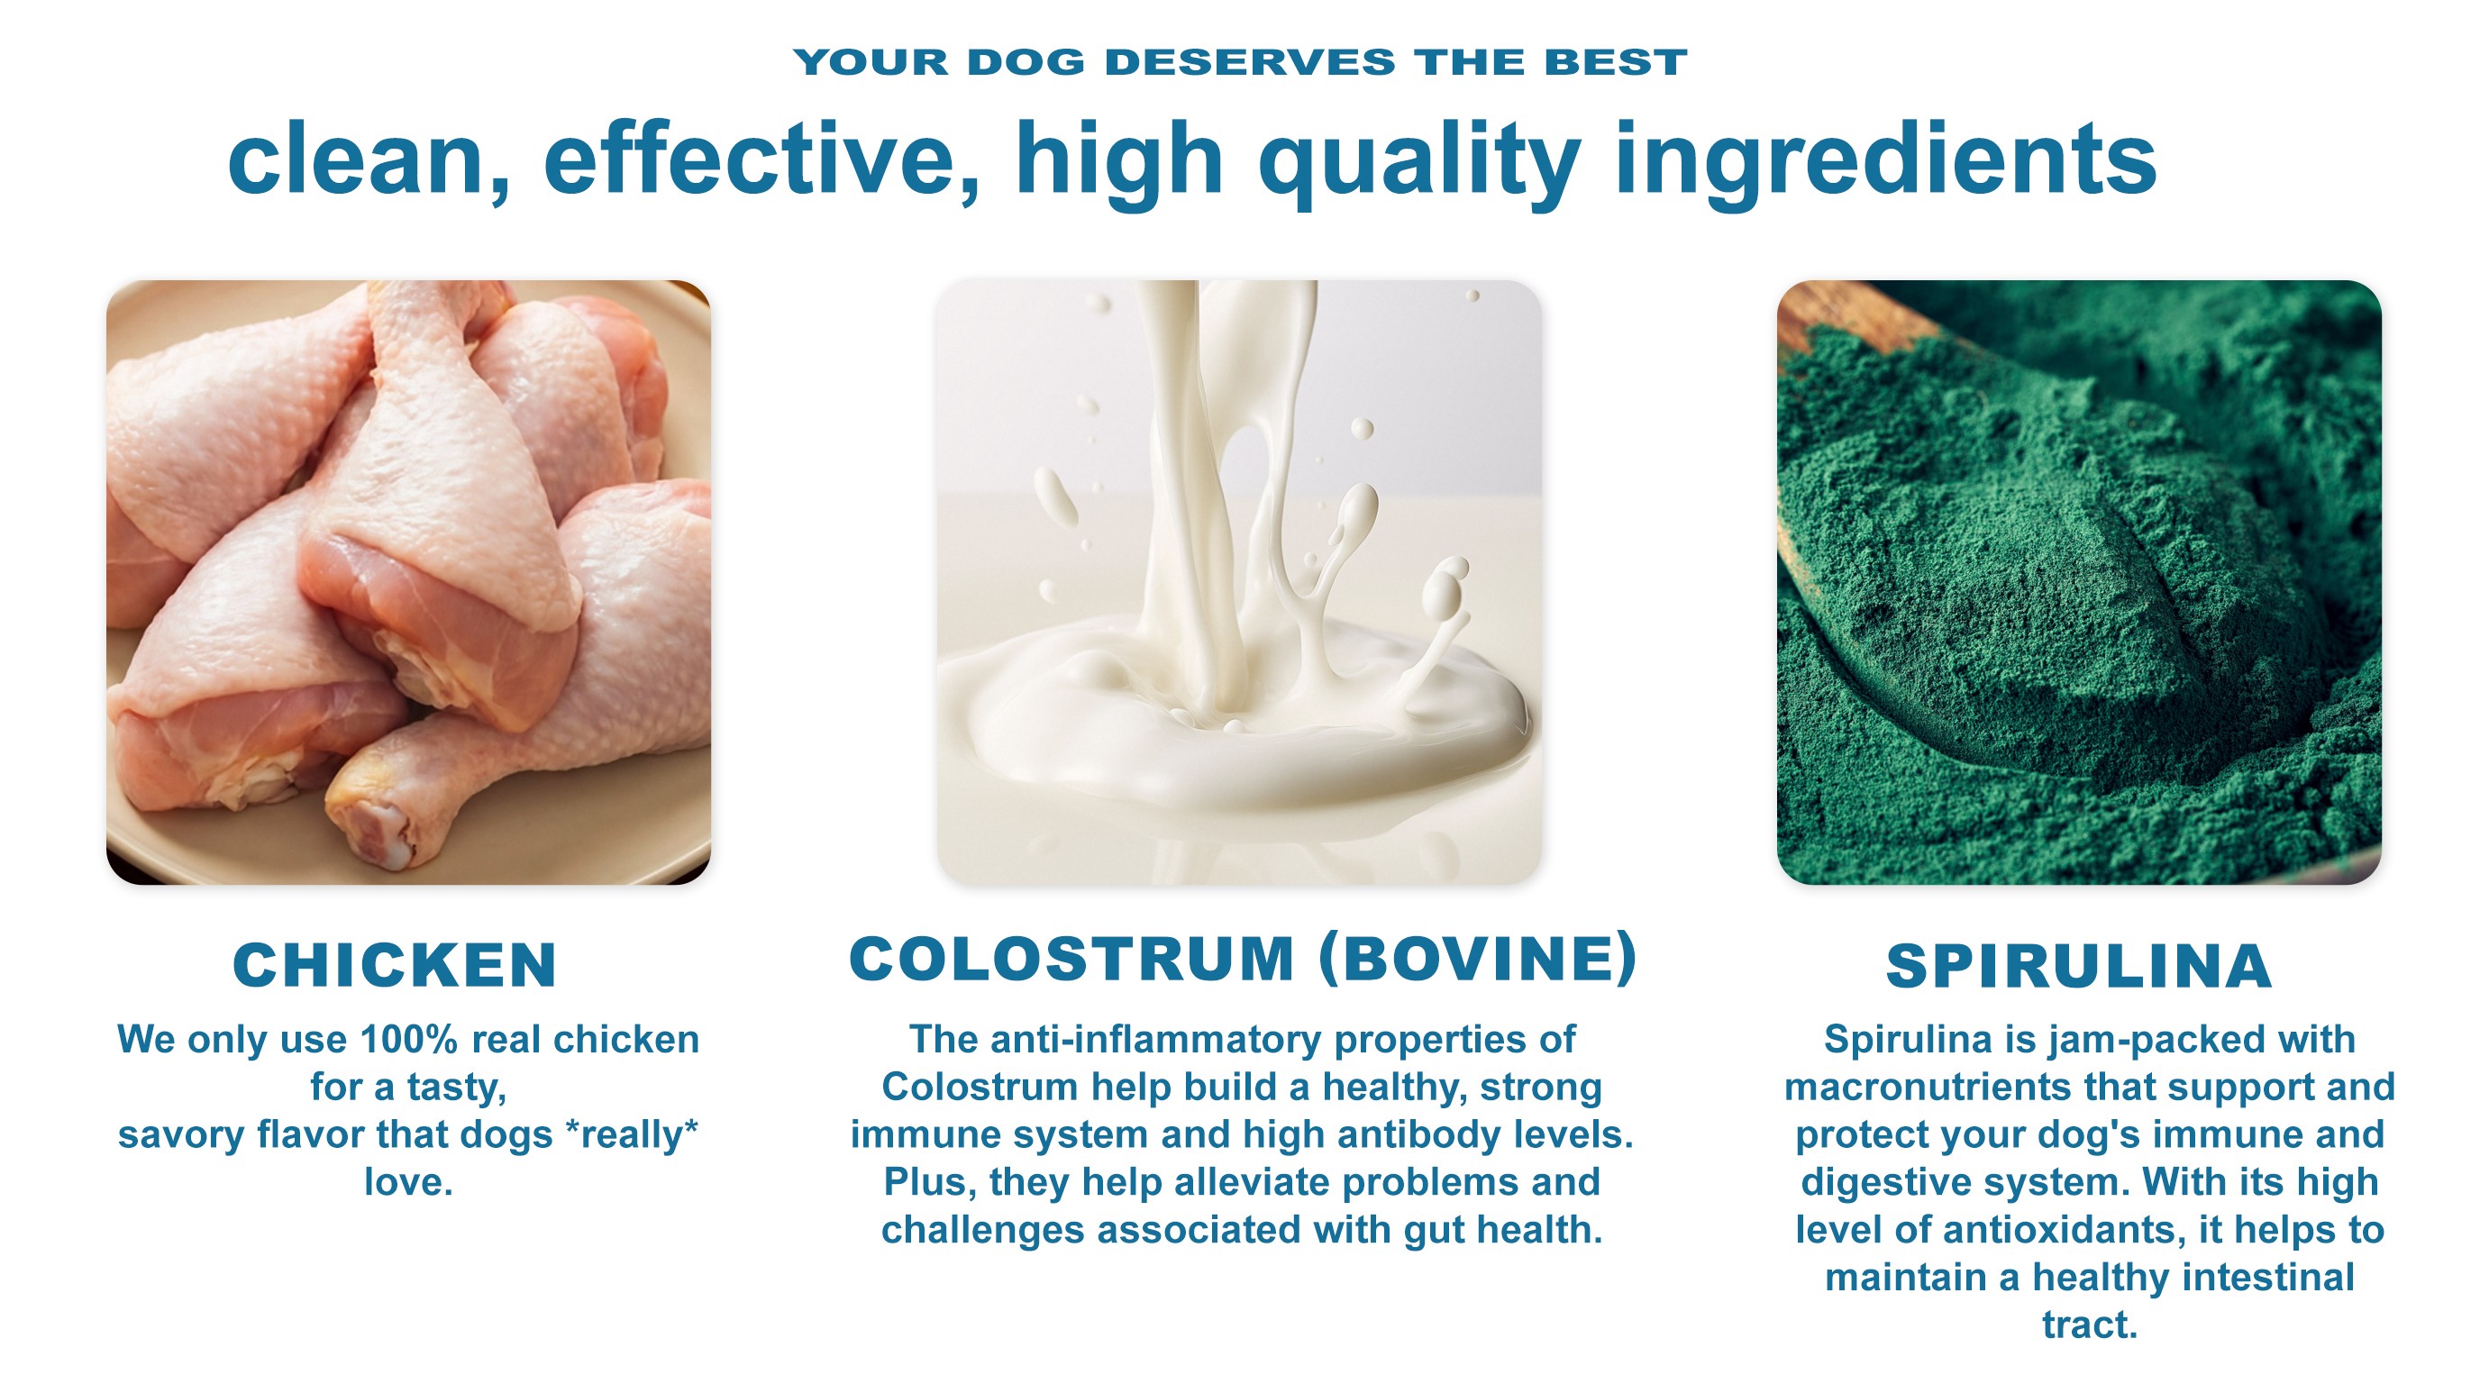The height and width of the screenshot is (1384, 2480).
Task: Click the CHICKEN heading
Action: coord(395,965)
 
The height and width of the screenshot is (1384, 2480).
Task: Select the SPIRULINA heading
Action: coord(2080,966)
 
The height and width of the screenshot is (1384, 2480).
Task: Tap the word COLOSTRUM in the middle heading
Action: coord(1071,959)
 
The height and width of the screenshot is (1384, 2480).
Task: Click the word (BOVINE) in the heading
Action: coord(1478,959)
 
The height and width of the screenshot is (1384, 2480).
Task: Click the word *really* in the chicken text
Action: coord(632,1134)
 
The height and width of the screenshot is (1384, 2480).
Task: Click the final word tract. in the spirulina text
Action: coord(2090,1325)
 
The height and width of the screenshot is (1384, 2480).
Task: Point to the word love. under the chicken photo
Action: coord(409,1182)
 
